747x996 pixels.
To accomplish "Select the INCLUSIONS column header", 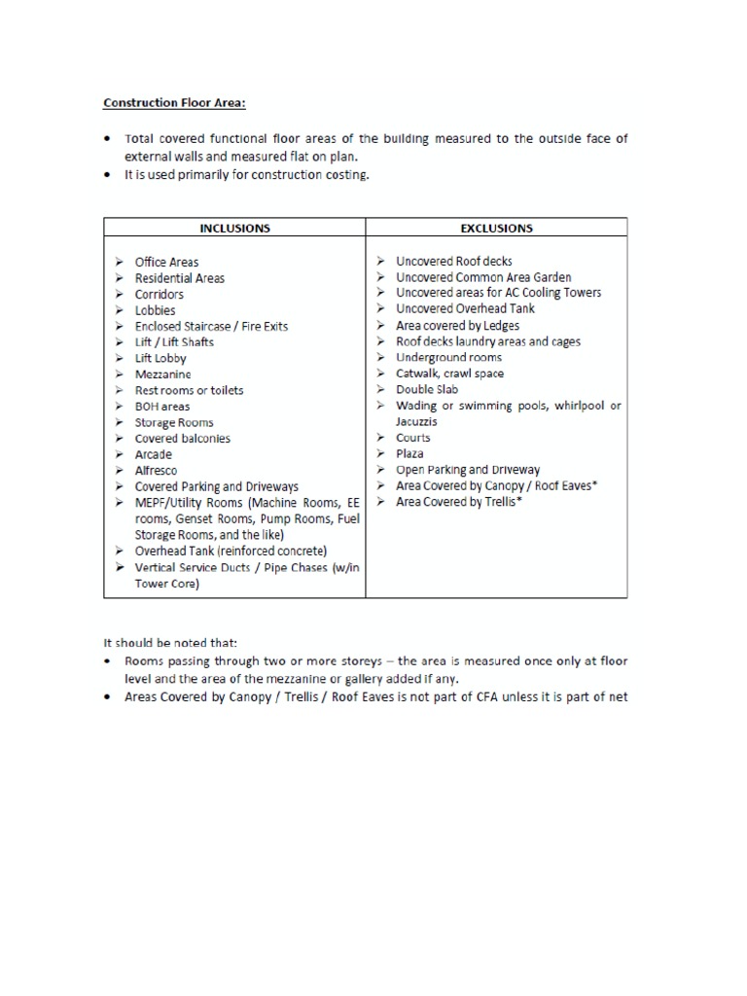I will point(234,229).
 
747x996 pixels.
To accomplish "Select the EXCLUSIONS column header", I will point(495,229).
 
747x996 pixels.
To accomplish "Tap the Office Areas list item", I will point(166,263).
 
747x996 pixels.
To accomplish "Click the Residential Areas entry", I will point(179,278).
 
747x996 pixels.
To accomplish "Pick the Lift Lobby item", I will point(160,358).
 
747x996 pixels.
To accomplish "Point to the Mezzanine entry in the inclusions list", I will point(162,374).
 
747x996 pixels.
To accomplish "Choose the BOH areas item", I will point(162,407).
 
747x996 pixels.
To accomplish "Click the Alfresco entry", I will point(156,471).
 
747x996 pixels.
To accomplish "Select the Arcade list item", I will point(153,454).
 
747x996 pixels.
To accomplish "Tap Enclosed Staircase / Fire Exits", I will point(211,327).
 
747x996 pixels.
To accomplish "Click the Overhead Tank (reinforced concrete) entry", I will point(231,551).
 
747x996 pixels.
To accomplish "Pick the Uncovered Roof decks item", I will point(453,262).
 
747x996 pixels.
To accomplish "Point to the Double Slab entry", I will point(426,390).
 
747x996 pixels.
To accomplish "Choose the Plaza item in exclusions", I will point(409,453).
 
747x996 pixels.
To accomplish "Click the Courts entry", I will point(412,438).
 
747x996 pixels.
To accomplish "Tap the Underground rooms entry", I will point(448,358).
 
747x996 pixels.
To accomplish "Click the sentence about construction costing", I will point(247,175).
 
